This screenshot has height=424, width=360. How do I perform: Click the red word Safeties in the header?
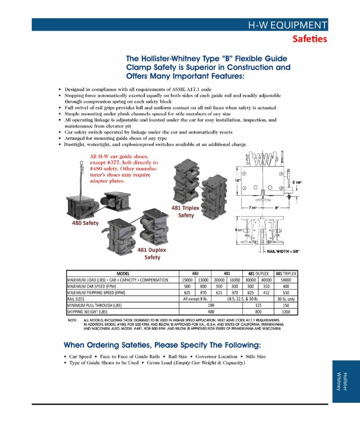pos(310,39)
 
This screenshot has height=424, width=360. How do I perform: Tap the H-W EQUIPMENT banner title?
pos(287,25)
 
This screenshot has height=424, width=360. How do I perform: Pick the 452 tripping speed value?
pos(266,293)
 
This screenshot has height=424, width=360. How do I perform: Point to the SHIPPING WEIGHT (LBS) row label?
pos(87,312)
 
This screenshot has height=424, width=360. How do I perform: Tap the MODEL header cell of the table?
pos(123,274)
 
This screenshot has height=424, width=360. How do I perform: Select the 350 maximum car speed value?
pos(266,287)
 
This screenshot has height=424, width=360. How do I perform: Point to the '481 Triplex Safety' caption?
pos(186,212)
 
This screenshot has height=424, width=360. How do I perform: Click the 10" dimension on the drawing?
pos(238,180)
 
